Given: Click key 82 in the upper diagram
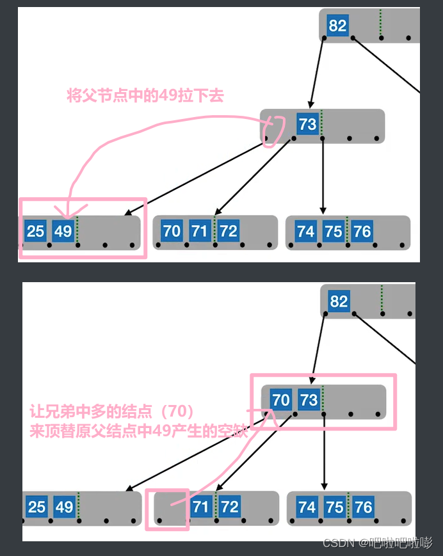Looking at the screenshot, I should (337, 26).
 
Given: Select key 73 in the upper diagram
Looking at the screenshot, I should (308, 123).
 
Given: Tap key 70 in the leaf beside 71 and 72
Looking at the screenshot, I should (172, 230).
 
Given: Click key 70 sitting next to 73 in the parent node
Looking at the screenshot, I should (280, 401).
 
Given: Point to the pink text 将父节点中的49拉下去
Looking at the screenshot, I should (145, 97).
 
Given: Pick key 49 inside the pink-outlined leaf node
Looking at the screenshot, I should (63, 230).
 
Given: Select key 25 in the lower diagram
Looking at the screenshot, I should (36, 507).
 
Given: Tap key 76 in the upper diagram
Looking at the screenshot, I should (362, 230).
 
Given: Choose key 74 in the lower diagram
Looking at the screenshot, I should (307, 507).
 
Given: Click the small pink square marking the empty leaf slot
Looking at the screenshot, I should (167, 509).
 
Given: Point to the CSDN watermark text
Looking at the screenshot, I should (378, 543).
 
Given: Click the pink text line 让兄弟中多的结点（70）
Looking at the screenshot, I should (112, 411).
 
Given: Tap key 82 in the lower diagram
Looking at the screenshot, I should (339, 301).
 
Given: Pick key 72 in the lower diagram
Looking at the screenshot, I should (229, 507).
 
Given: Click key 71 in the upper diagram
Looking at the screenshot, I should (200, 230).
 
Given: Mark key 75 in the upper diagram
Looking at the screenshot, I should (334, 230).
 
